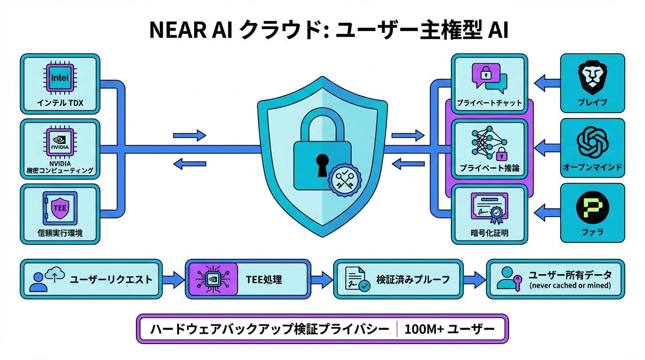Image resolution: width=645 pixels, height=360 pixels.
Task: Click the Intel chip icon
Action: tap(60, 77)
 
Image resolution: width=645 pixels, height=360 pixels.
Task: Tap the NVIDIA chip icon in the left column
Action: tap(60, 142)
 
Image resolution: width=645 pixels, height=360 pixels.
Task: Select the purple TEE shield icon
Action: tap(60, 208)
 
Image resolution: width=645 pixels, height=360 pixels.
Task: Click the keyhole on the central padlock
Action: tap(322, 165)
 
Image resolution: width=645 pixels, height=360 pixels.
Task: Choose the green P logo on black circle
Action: tap(592, 208)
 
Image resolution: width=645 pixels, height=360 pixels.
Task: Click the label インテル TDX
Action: tap(60, 103)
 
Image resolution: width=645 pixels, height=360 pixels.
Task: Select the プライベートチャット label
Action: tap(490, 103)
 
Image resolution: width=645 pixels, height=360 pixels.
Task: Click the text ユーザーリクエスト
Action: tap(111, 280)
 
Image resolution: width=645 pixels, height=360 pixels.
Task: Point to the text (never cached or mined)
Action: tap(570, 285)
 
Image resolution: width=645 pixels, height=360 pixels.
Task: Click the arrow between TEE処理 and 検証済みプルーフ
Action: tap(322, 280)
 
